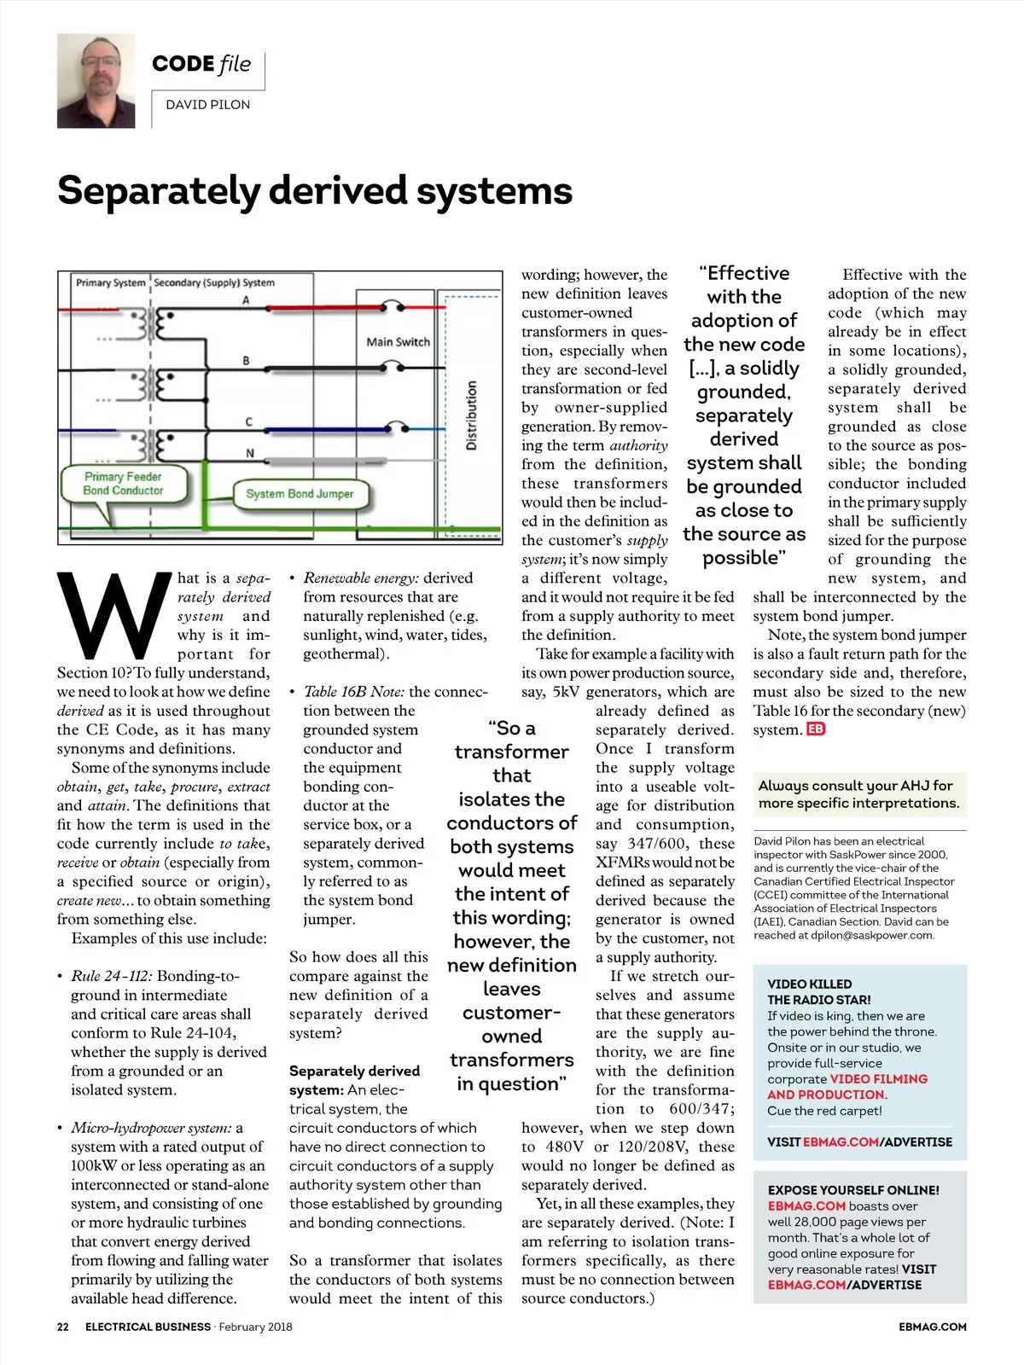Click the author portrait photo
(x=96, y=81)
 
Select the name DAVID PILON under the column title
(x=207, y=105)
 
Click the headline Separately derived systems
(x=314, y=191)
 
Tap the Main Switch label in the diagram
(x=398, y=342)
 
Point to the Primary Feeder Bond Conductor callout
(x=123, y=484)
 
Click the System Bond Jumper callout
(x=299, y=494)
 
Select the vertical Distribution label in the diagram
(x=472, y=415)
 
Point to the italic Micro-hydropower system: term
(x=151, y=1128)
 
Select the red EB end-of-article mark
(x=816, y=729)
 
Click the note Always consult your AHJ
(x=858, y=794)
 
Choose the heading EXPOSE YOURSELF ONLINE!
(x=853, y=1190)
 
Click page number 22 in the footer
(x=63, y=1327)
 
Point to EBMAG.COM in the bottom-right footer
(x=932, y=1327)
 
